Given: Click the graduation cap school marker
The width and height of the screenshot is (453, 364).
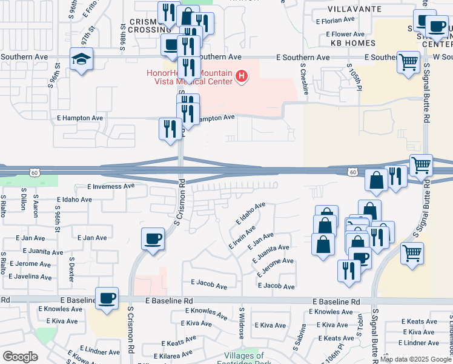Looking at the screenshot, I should [x=81, y=59].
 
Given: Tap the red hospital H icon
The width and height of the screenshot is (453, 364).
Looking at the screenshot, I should [x=242, y=76].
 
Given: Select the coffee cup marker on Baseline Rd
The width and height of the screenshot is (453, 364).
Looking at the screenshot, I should [x=107, y=298].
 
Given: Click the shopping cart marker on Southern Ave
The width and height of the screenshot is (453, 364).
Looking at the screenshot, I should [x=409, y=61].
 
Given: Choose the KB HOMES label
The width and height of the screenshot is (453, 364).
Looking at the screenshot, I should [x=353, y=43].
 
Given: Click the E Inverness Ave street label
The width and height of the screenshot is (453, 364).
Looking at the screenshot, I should [x=111, y=186].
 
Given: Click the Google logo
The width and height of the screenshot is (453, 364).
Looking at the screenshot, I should [x=20, y=357].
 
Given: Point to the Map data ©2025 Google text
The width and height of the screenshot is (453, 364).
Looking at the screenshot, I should [x=415, y=359].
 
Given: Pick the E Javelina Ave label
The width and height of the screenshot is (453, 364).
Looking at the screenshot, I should [x=29, y=276].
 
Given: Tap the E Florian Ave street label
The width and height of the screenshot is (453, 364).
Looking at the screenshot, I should [x=340, y=21].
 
